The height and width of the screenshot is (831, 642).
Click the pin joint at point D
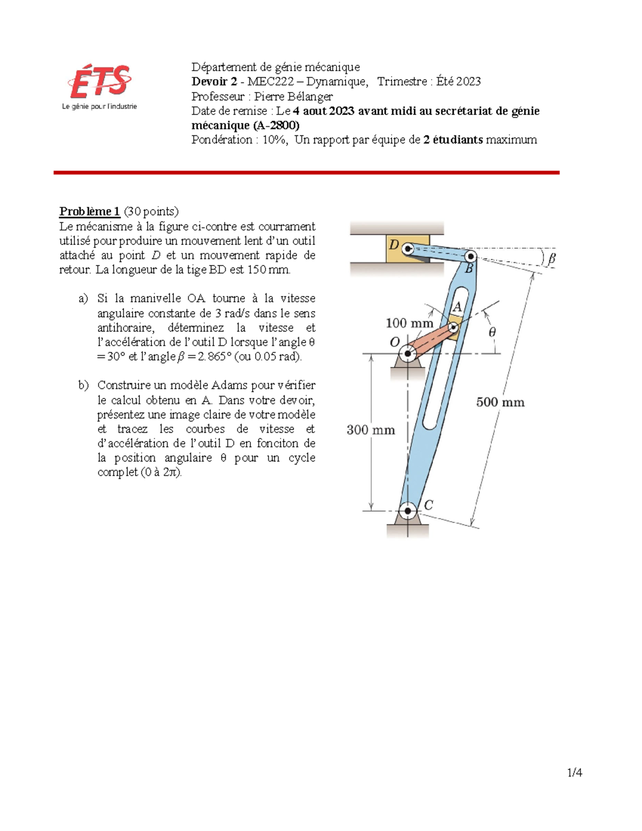pyautogui.click(x=407, y=248)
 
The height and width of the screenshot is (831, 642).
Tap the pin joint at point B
pyautogui.click(x=470, y=256)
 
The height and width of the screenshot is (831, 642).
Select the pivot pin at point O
pyautogui.click(x=408, y=353)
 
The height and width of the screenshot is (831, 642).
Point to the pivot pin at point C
pyautogui.click(x=408, y=510)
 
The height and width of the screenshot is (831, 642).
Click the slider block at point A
pyautogui.click(x=454, y=327)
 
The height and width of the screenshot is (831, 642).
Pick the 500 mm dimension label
pyautogui.click(x=500, y=402)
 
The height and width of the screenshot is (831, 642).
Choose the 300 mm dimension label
pyautogui.click(x=371, y=430)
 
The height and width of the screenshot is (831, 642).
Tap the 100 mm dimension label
pyautogui.click(x=409, y=323)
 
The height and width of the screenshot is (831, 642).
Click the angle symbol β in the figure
pyautogui.click(x=551, y=258)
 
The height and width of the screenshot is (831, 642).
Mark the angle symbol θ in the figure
pyautogui.click(x=492, y=332)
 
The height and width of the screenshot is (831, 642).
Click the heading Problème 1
pyautogui.click(x=89, y=211)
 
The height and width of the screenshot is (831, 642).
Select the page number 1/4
pyautogui.click(x=575, y=772)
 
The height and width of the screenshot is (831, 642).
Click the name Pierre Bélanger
pyautogui.click(x=293, y=96)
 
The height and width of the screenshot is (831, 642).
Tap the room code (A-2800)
pyautogui.click(x=276, y=125)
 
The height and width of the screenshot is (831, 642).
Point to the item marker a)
pyautogui.click(x=83, y=299)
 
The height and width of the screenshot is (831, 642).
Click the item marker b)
pyautogui.click(x=83, y=385)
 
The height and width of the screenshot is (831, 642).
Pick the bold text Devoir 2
pyautogui.click(x=214, y=81)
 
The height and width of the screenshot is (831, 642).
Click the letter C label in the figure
pyautogui.click(x=429, y=505)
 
